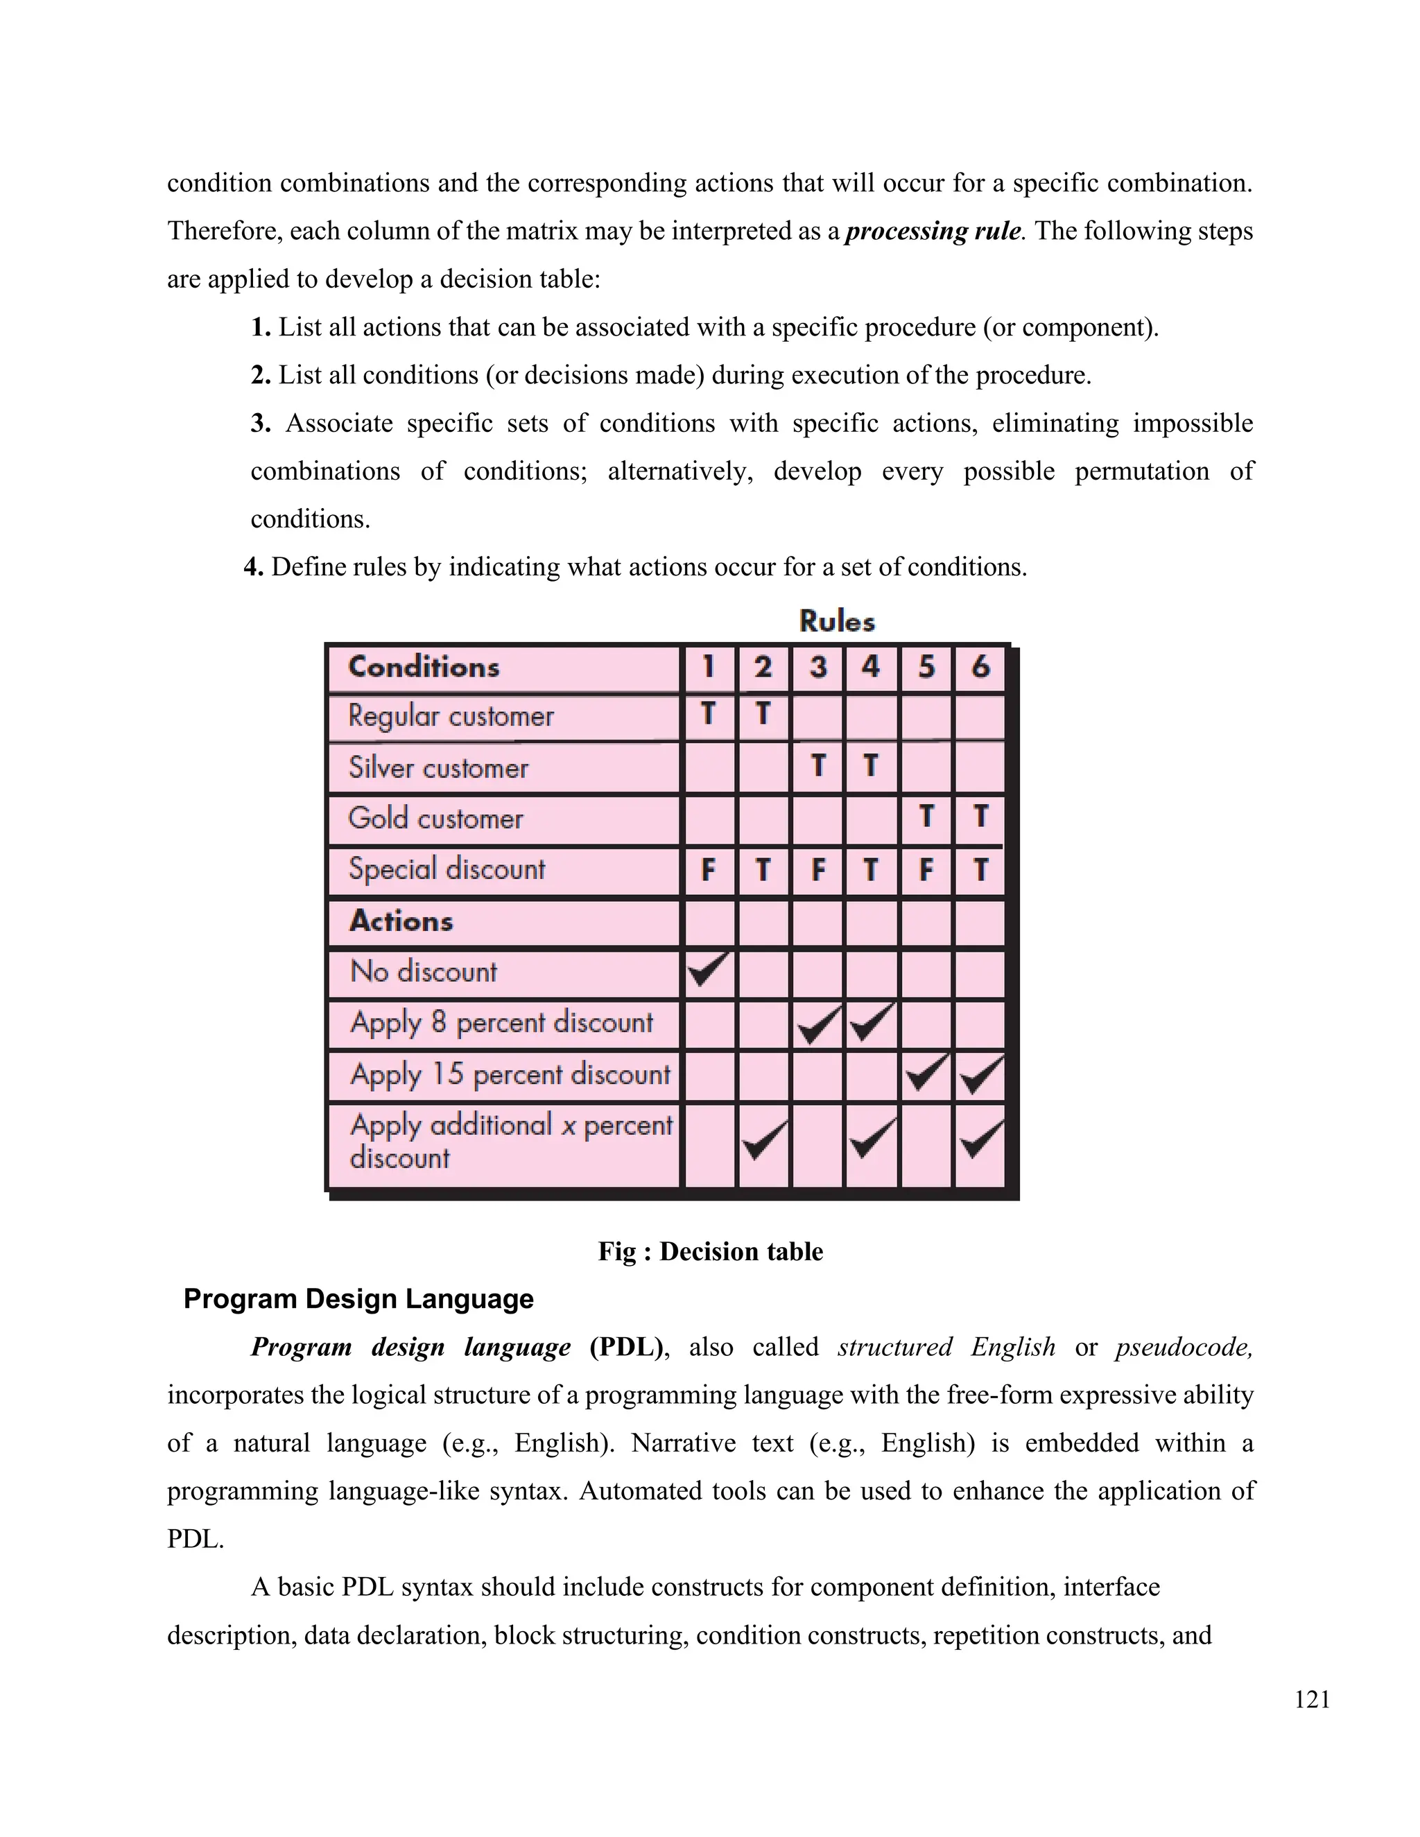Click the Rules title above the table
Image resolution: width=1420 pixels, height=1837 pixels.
[x=836, y=622]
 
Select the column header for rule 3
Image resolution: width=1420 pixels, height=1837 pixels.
[x=817, y=668]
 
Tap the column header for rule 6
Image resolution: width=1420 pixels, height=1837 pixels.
[x=980, y=668]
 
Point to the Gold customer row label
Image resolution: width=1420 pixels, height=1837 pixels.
[x=435, y=819]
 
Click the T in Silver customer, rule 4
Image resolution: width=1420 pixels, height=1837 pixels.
[x=871, y=765]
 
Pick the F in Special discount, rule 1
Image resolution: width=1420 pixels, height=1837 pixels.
[x=709, y=870]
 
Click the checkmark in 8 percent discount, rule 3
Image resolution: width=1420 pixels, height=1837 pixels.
[x=817, y=1024]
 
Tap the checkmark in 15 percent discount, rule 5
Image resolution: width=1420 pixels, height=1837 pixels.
[x=926, y=1074]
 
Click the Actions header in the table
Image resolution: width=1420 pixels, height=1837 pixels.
[x=401, y=921]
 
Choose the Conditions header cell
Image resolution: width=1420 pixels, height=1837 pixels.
[x=424, y=667]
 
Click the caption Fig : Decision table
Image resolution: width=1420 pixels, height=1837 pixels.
[x=710, y=1251]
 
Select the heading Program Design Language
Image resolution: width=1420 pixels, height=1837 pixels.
[x=358, y=1298]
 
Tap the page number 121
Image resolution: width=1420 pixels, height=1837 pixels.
[x=1311, y=1700]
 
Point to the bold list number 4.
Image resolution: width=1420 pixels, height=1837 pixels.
[x=253, y=568]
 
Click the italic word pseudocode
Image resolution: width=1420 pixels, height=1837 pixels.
[x=1184, y=1348]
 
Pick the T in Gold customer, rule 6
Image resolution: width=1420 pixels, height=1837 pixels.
[x=980, y=817]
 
